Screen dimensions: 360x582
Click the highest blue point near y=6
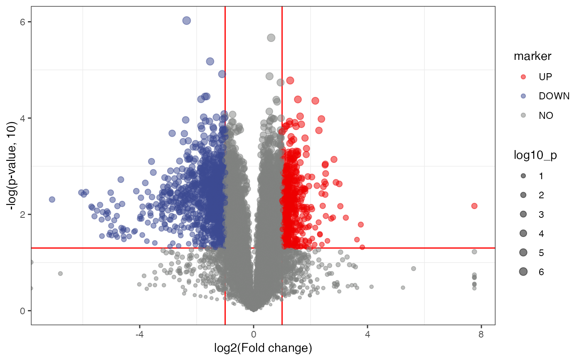[x=187, y=21]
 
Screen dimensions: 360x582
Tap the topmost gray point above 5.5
[x=271, y=38]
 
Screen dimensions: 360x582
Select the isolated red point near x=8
[x=474, y=206]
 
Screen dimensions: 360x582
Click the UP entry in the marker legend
[x=523, y=77]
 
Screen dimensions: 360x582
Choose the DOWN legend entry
[x=523, y=96]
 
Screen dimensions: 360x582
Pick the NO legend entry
[x=523, y=116]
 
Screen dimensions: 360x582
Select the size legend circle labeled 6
[x=523, y=272]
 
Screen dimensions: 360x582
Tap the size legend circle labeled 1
[x=523, y=176]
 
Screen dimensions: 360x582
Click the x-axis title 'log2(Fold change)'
[x=263, y=347]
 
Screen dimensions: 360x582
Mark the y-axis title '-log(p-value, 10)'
[x=13, y=166]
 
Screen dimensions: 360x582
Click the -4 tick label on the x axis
[x=139, y=334]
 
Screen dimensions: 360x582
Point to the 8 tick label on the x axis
[x=481, y=334]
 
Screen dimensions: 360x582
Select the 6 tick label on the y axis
[x=23, y=22]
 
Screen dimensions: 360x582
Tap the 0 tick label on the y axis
[x=23, y=311]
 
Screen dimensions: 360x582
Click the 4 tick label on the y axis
[x=23, y=118]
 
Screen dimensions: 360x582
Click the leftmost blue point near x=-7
[x=52, y=200]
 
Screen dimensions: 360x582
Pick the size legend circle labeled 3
[x=523, y=215]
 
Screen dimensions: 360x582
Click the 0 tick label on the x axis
[x=254, y=334]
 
